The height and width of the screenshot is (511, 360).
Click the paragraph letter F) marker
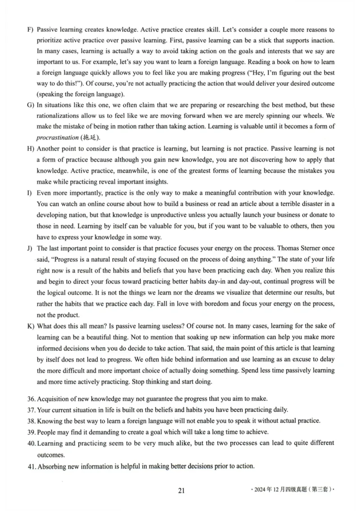click(30, 30)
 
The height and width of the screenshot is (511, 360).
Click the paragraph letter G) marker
click(30, 105)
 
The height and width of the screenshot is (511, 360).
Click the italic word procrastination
click(57, 137)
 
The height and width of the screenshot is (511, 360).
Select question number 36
click(31, 399)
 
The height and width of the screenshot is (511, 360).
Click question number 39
click(31, 432)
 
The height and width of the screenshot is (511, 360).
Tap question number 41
click(31, 466)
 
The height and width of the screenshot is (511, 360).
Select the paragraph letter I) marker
click(29, 193)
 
